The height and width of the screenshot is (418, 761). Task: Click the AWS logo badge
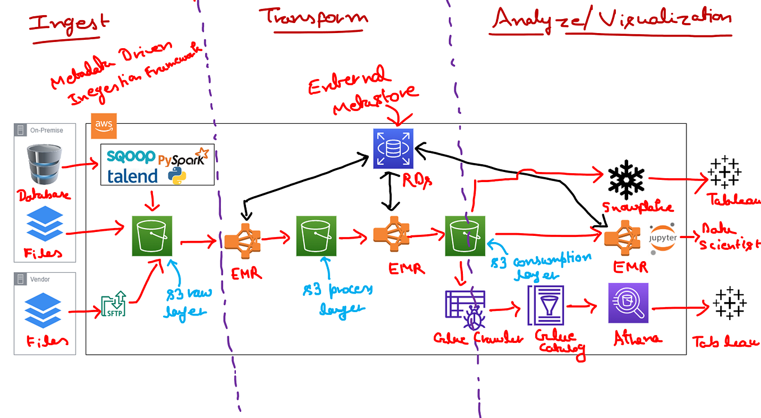[x=104, y=127]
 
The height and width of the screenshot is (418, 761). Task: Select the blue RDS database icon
[x=393, y=148]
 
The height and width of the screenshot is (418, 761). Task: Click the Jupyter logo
[x=663, y=238]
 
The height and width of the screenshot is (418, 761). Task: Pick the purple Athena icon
[x=628, y=303]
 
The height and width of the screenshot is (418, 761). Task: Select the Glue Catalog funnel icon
[x=545, y=305]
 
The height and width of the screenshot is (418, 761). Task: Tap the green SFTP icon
[x=114, y=305]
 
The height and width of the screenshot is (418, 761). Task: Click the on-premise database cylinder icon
[x=43, y=164]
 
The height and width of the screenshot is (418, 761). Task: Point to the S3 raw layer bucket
[x=152, y=236]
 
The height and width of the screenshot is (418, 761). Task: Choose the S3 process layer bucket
[x=316, y=236]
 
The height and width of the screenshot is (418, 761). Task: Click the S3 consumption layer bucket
[x=465, y=236]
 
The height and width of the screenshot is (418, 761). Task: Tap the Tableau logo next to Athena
[x=729, y=304]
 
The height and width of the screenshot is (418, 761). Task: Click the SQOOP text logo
[x=131, y=156]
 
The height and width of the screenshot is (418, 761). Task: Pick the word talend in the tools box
[x=132, y=176]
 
